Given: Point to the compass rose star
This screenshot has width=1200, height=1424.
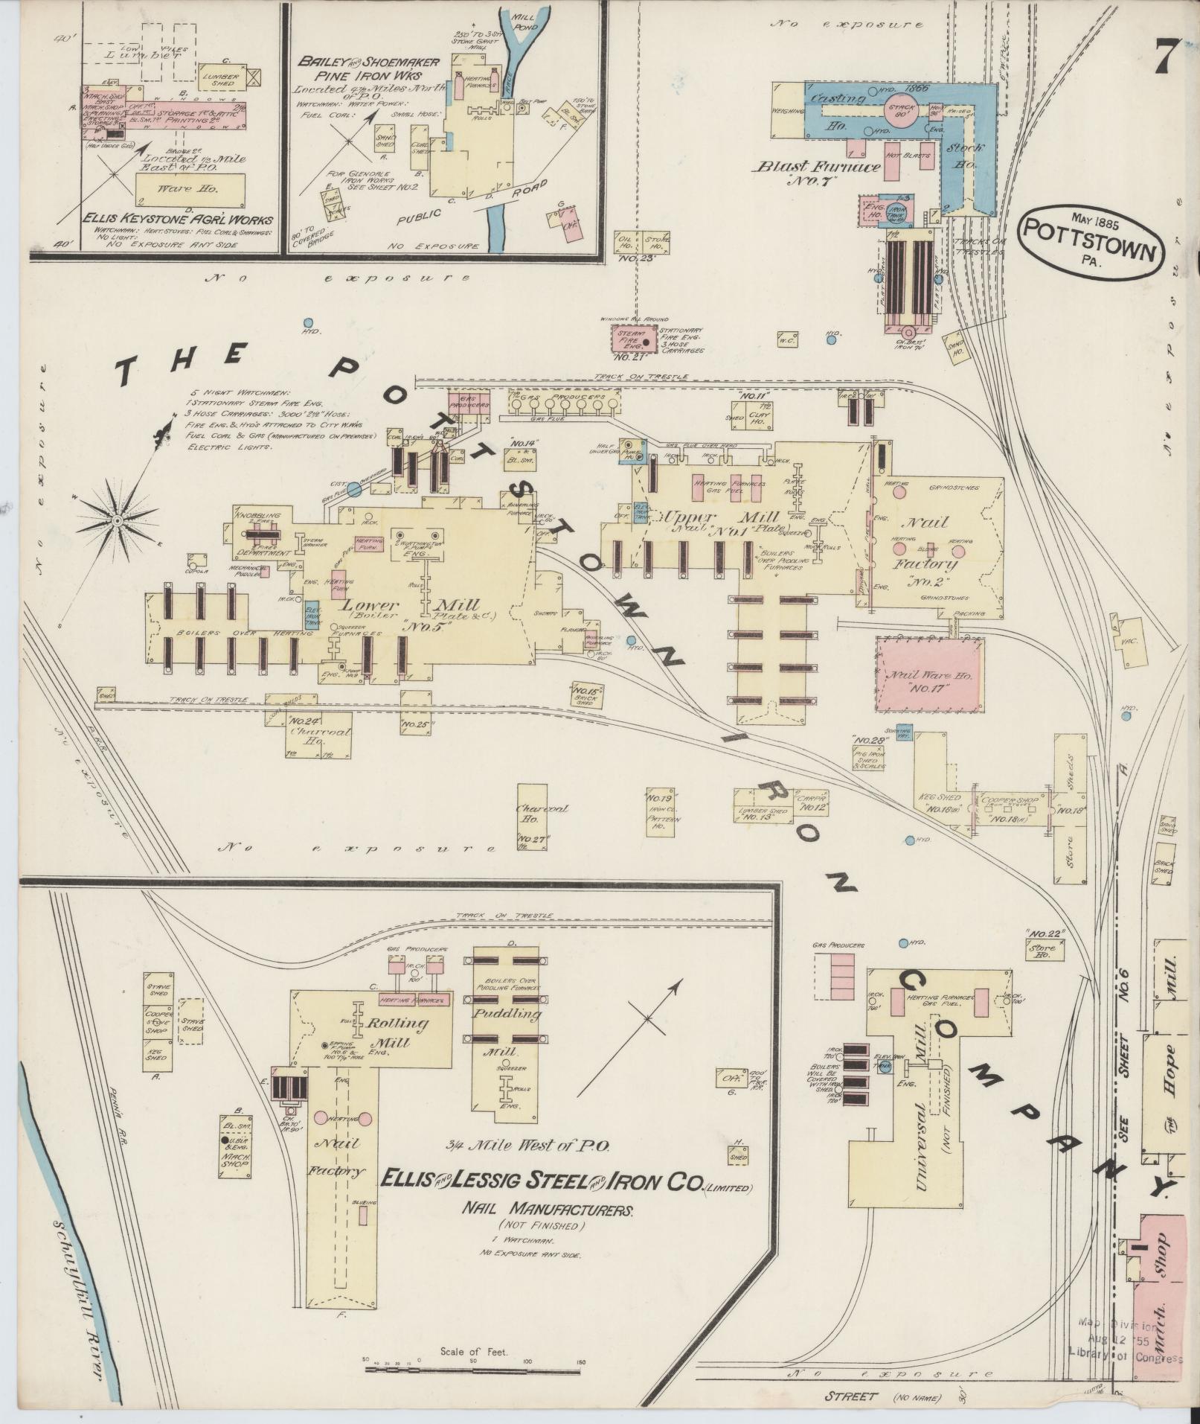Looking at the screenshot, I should (x=118, y=517).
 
